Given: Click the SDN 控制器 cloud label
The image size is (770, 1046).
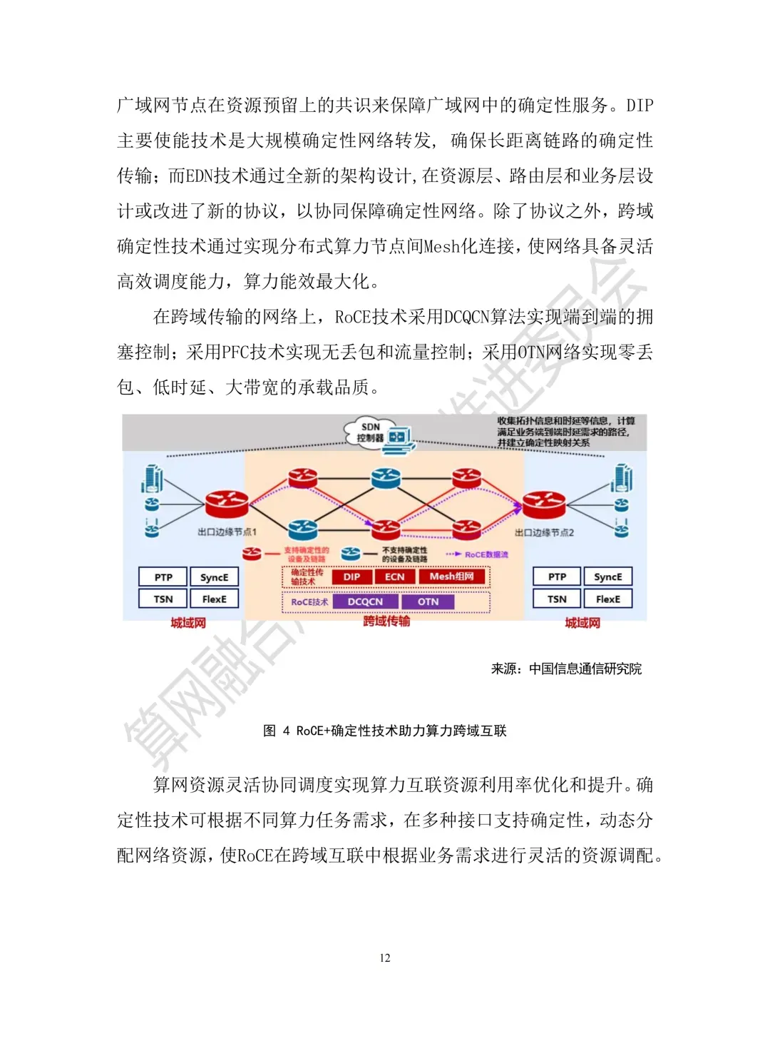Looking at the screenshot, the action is [x=371, y=432].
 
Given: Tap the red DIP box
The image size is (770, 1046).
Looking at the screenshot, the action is [x=351, y=577].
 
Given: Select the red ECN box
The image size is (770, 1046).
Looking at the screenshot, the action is [x=394, y=577].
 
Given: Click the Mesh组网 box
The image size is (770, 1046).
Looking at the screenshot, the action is [x=451, y=577].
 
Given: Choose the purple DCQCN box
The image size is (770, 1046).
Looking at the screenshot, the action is [x=365, y=601].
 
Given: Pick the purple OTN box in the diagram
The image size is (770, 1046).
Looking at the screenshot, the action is [x=428, y=601].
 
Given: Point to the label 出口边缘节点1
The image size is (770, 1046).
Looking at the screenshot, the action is [x=227, y=532].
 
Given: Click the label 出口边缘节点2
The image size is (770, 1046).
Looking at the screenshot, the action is [x=544, y=532].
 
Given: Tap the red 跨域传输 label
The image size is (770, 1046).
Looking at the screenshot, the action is [x=386, y=621].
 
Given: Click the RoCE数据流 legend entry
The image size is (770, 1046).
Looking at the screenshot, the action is [x=486, y=554].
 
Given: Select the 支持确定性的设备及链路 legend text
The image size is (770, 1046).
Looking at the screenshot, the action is [x=307, y=554].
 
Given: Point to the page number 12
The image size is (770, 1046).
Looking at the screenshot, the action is [x=385, y=958].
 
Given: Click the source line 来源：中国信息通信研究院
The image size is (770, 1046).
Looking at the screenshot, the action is [x=566, y=669].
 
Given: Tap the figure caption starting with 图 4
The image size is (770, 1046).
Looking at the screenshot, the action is [x=385, y=731].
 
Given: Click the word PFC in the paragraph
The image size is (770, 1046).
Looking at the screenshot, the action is [x=235, y=352].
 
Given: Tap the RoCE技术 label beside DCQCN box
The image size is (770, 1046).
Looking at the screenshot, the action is [x=309, y=601].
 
